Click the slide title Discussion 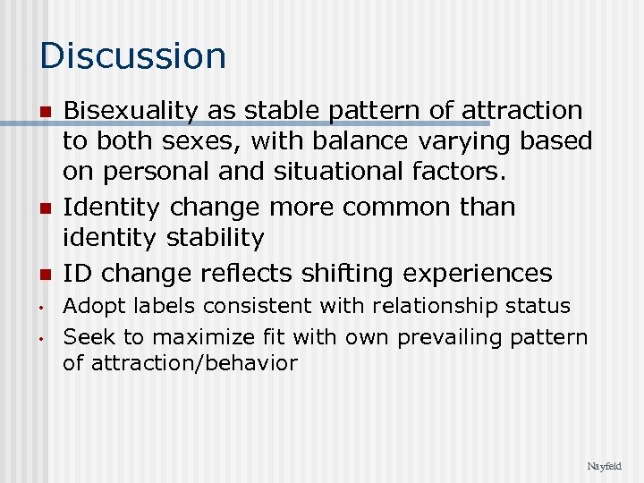133,55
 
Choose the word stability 218,238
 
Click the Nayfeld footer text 603,466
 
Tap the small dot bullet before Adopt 43,308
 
